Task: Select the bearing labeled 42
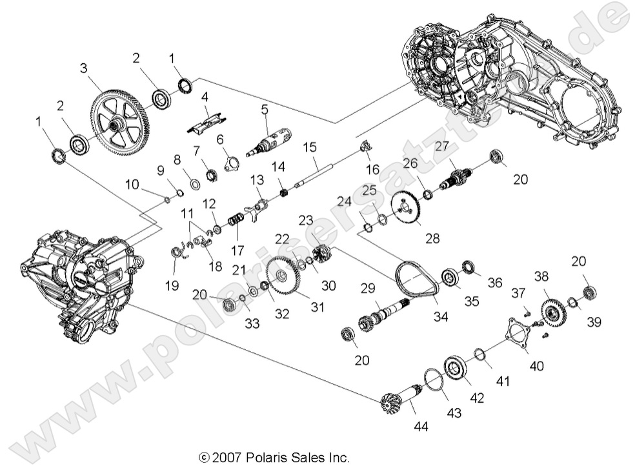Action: (x=458, y=370)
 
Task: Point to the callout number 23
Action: (x=305, y=219)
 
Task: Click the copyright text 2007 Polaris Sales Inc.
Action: (x=275, y=458)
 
